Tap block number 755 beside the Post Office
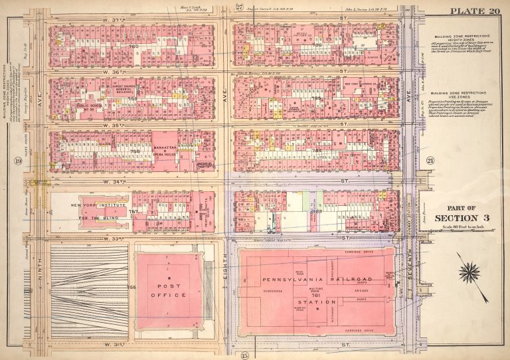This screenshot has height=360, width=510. tap(131, 286)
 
